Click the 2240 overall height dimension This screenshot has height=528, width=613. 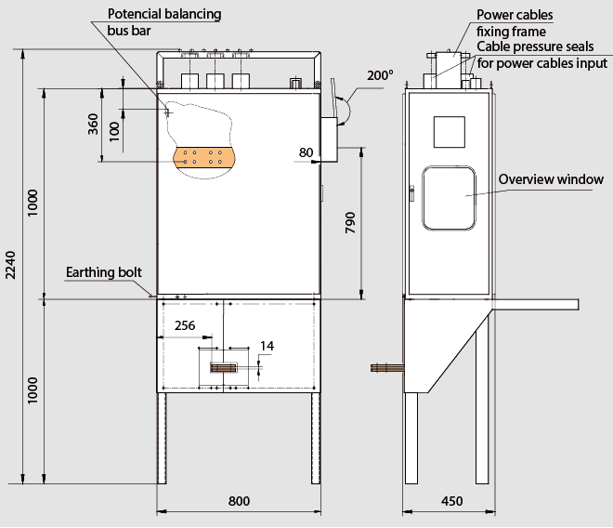(x=10, y=265)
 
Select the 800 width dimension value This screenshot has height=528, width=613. (x=239, y=501)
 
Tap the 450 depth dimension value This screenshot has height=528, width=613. (x=451, y=501)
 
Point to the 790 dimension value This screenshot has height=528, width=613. (x=350, y=222)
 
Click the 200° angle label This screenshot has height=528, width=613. (x=379, y=75)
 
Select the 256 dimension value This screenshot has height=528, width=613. (x=185, y=325)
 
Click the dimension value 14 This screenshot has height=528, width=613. (x=267, y=346)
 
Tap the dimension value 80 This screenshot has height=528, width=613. (x=306, y=152)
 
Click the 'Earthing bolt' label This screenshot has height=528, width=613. (x=103, y=273)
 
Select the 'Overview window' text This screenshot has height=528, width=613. (x=551, y=179)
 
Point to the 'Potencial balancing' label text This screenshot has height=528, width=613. (x=164, y=15)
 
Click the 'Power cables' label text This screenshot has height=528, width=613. (x=515, y=15)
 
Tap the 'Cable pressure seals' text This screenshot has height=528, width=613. (x=535, y=46)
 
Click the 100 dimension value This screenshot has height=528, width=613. (x=115, y=129)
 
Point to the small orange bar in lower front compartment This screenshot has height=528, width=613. (x=226, y=369)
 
